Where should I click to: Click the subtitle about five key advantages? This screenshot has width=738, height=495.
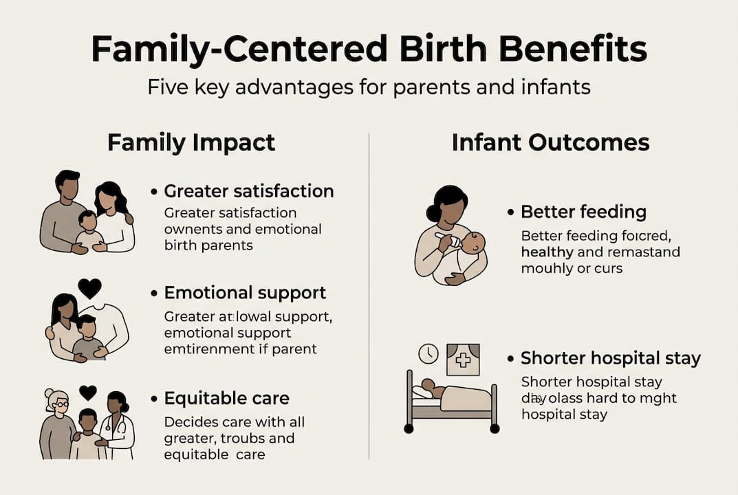[x=369, y=88]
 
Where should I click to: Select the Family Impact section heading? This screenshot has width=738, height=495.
[x=191, y=142]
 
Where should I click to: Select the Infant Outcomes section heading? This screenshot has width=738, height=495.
[x=550, y=142]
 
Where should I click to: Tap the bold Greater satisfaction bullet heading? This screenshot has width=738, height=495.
[x=248, y=191]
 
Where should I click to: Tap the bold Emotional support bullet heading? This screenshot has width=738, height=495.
[x=245, y=293]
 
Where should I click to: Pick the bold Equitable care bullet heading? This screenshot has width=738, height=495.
[x=226, y=398]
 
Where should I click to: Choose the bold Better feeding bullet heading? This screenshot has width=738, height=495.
[x=583, y=212]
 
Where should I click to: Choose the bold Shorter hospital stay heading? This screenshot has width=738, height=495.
[x=610, y=358]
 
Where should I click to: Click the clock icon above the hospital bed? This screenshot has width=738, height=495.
[x=428, y=354]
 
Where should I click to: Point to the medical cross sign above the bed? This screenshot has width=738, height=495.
[x=463, y=360]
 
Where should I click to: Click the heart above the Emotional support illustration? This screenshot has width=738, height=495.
[x=89, y=287]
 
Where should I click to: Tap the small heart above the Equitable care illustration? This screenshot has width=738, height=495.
[x=88, y=393]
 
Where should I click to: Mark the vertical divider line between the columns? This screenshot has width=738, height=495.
[x=369, y=296]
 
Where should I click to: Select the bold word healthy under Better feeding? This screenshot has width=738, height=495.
[x=547, y=252]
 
